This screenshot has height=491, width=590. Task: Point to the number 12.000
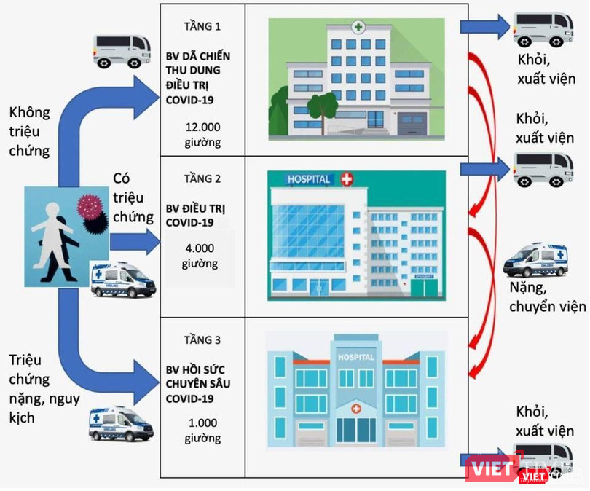[x=203, y=127]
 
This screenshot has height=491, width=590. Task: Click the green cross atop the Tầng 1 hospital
[x=358, y=28]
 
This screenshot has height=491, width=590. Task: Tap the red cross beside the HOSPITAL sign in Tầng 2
[x=347, y=178]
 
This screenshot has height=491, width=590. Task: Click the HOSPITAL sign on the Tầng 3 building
[x=355, y=358]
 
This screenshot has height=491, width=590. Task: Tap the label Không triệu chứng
[x=30, y=132]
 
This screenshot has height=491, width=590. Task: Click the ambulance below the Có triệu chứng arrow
[x=122, y=278]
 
